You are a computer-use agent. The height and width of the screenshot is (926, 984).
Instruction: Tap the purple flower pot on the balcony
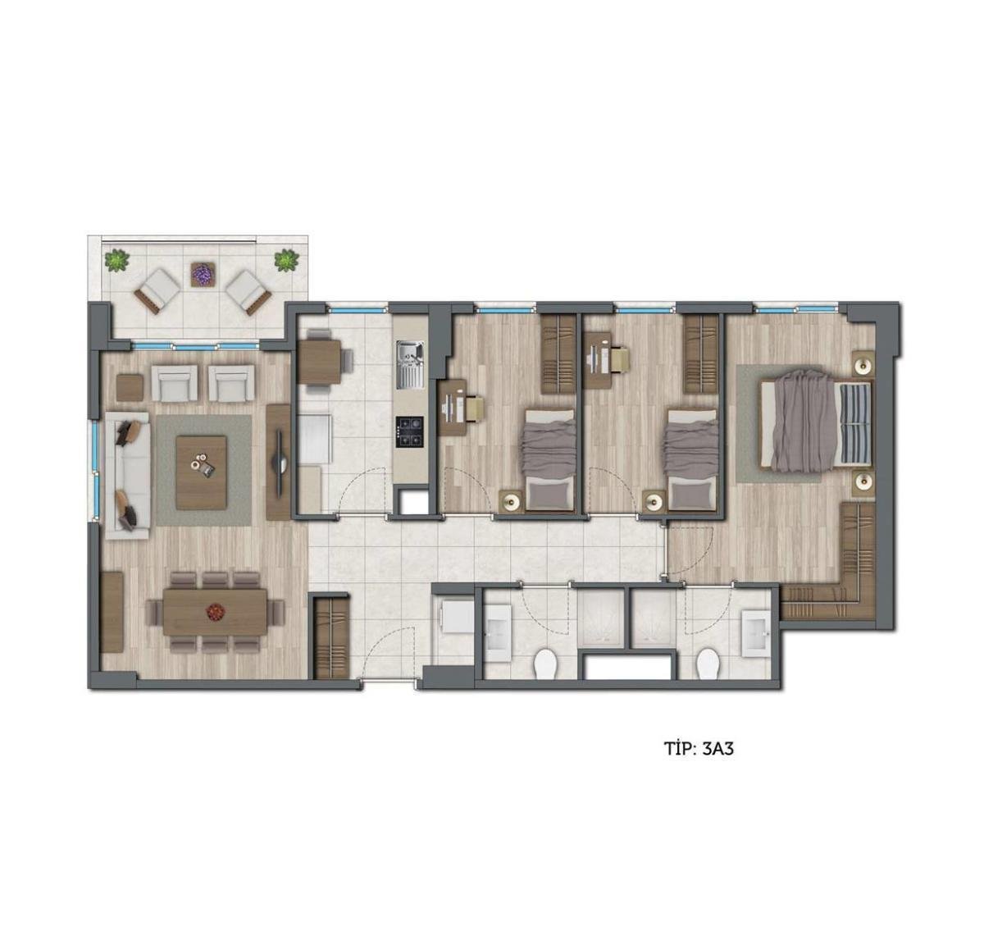[203, 274]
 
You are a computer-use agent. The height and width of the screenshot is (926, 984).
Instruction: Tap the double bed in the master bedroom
[816, 424]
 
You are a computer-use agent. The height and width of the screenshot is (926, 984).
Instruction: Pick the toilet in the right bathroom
[708, 664]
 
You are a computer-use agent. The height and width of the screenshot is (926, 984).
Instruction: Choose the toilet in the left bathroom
[545, 664]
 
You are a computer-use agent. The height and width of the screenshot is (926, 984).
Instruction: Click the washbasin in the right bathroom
[755, 633]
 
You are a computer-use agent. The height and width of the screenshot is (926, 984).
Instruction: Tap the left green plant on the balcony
[117, 260]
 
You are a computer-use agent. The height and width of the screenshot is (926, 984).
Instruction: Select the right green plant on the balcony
[287, 260]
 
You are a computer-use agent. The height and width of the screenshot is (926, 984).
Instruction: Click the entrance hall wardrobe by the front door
[332, 638]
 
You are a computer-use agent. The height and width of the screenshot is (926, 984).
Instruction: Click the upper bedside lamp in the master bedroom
[863, 364]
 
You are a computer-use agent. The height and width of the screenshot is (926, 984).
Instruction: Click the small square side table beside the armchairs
[130, 388]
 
